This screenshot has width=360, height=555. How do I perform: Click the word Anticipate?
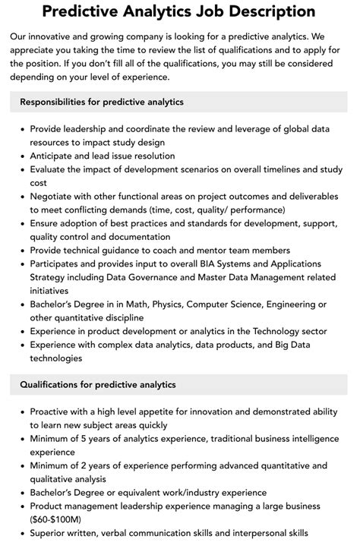55,156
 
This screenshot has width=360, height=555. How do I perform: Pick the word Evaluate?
52,169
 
